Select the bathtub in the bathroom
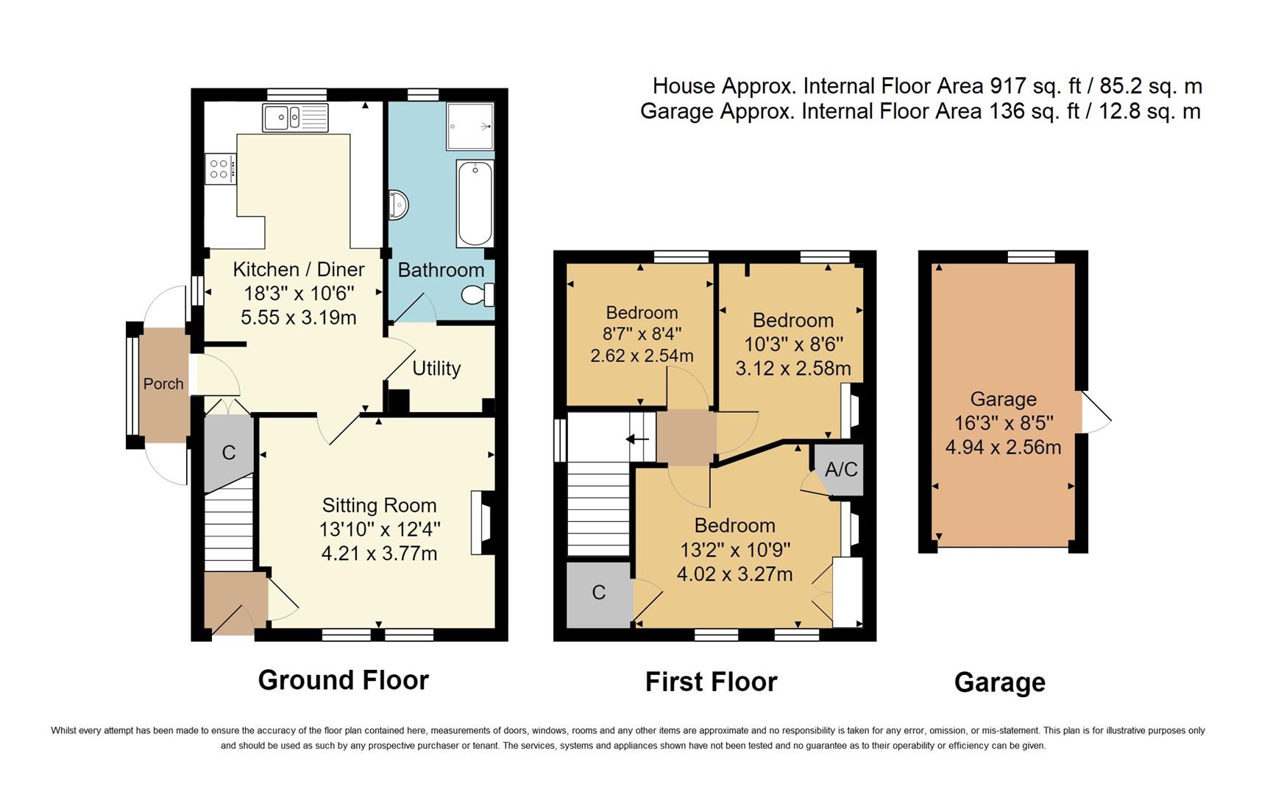coord(475,203)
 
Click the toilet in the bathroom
coord(478,295)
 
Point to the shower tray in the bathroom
coord(470,126)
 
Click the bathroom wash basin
coord(397,205)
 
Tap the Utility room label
coord(436,368)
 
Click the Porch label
coord(163,384)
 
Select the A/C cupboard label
coord(841,469)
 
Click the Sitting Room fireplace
coord(482,523)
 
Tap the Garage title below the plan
coord(999,682)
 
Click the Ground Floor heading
coord(343,679)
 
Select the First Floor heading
coord(711,682)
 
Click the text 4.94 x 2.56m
coord(1003,446)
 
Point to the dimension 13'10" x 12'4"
coord(380,529)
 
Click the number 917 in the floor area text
coord(1007,86)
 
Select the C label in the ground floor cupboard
coord(229,452)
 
